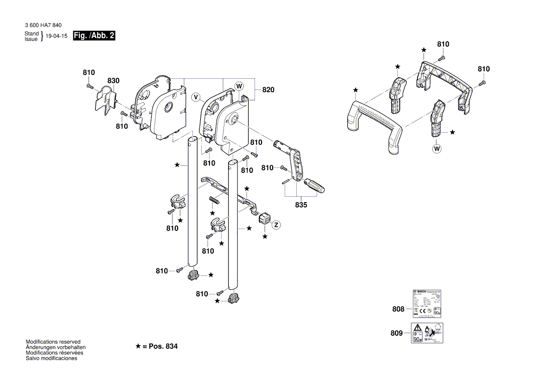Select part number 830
pyautogui.click(x=113, y=81)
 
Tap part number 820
pyautogui.click(x=268, y=90)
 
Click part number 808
pyautogui.click(x=398, y=309)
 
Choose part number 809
pyautogui.click(x=398, y=333)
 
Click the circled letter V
pyautogui.click(x=196, y=97)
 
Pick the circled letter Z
pyautogui.click(x=276, y=225)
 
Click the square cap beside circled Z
pyautogui.click(x=264, y=217)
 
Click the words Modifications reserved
pyautogui.click(x=53, y=341)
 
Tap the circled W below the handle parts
pyautogui.click(x=436, y=149)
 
